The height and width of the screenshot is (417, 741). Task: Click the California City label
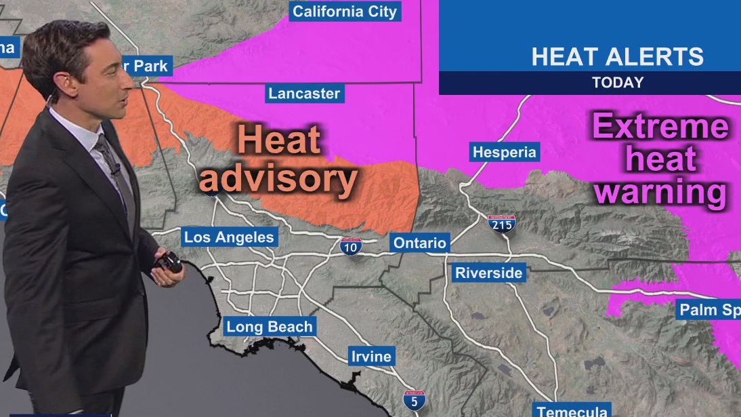pos(345,12)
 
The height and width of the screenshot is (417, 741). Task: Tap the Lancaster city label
pos(304,94)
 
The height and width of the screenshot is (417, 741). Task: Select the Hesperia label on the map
pos(504,152)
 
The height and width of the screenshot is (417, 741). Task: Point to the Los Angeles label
pos(230,237)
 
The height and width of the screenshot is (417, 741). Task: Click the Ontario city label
pos(420,243)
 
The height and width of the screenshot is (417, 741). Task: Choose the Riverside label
pos(488,273)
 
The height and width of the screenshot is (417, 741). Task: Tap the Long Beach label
pos(270,327)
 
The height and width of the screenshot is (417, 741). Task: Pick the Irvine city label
pos(370,357)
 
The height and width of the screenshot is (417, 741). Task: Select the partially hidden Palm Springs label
pos(709,311)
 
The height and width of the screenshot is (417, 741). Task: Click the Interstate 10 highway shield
pos(351,247)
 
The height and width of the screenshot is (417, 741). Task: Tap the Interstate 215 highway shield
pos(502,224)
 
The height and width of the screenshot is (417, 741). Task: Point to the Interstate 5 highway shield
pos(414,400)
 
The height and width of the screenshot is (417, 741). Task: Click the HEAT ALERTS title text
pos(617,56)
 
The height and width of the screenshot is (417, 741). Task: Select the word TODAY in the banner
pos(617,83)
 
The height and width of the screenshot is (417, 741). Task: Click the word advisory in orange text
pos(278,180)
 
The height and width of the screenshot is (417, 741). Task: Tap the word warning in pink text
pos(660,192)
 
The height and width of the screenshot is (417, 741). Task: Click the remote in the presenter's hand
pos(170,262)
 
